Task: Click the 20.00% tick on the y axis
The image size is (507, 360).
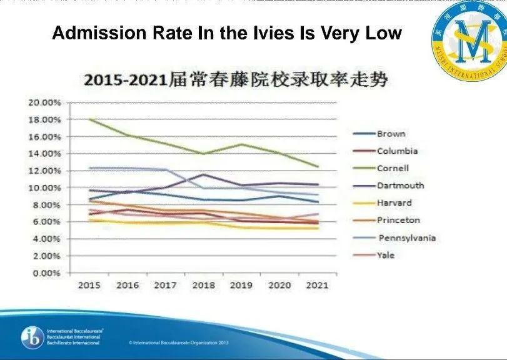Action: [43, 102]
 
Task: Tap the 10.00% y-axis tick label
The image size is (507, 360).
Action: [43, 187]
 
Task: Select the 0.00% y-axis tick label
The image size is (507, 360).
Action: [44, 273]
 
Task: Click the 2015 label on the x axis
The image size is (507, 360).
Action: [89, 285]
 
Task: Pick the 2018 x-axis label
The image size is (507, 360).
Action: [203, 285]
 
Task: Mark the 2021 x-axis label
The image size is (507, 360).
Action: [318, 285]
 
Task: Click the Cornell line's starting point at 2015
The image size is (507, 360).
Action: [89, 118]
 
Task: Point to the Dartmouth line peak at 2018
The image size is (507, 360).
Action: [203, 174]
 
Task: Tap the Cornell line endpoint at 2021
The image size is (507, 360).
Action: [318, 166]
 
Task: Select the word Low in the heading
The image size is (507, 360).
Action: [383, 33]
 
